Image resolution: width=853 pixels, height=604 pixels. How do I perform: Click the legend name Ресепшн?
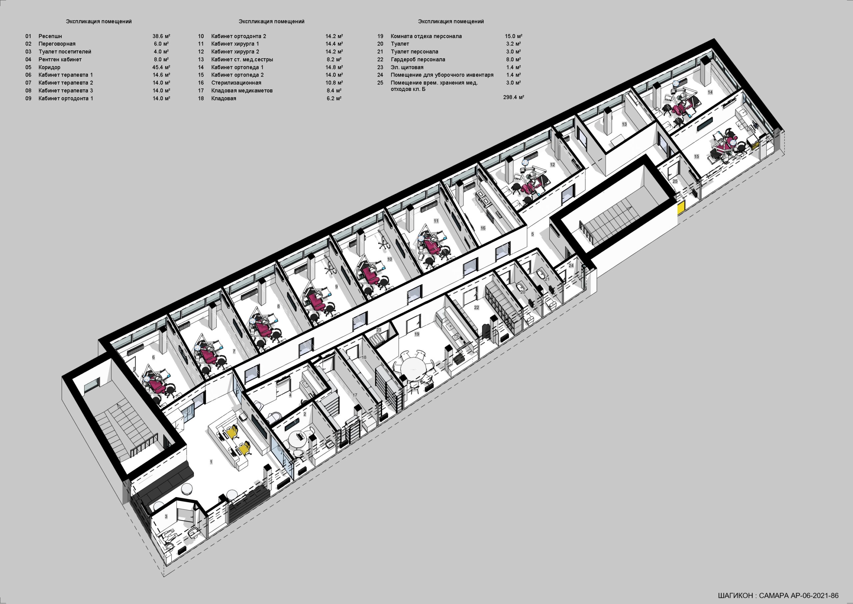(x=50, y=36)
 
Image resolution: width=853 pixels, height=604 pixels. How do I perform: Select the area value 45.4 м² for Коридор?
(x=161, y=67)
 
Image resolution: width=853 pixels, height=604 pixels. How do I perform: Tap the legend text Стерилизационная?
(x=236, y=83)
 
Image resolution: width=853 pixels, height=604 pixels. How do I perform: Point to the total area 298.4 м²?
(x=514, y=97)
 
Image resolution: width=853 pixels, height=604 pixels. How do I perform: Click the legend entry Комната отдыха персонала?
(x=426, y=36)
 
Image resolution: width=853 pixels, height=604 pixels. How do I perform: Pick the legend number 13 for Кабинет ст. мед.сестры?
(x=201, y=60)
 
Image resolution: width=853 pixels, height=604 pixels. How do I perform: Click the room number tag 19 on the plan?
(x=417, y=334)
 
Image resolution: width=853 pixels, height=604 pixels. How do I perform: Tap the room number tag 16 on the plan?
(x=483, y=228)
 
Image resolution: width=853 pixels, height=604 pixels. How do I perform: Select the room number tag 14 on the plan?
(x=710, y=92)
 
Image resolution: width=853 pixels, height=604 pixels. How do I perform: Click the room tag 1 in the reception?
(x=211, y=462)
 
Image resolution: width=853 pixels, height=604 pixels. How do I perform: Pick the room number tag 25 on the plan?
(x=675, y=181)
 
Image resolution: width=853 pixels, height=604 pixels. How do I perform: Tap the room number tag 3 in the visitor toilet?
(x=166, y=517)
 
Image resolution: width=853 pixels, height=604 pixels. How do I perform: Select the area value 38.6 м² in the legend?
(x=161, y=36)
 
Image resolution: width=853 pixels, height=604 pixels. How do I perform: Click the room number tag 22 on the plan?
(x=476, y=307)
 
